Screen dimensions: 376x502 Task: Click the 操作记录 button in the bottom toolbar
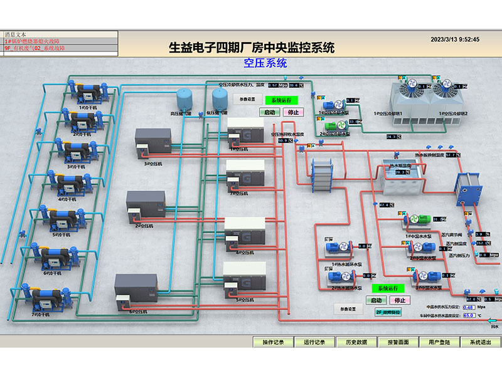tap(274, 342)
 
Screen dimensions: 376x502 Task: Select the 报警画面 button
tap(398, 342)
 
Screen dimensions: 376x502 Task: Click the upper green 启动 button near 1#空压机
tap(270, 112)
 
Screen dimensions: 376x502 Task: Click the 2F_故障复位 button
tap(388, 312)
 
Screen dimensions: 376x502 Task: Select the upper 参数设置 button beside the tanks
tap(247, 99)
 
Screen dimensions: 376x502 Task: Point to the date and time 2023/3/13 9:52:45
tap(455, 39)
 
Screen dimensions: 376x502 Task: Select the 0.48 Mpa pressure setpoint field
tap(468, 308)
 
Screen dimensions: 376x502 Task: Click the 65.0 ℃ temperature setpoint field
tap(468, 316)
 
